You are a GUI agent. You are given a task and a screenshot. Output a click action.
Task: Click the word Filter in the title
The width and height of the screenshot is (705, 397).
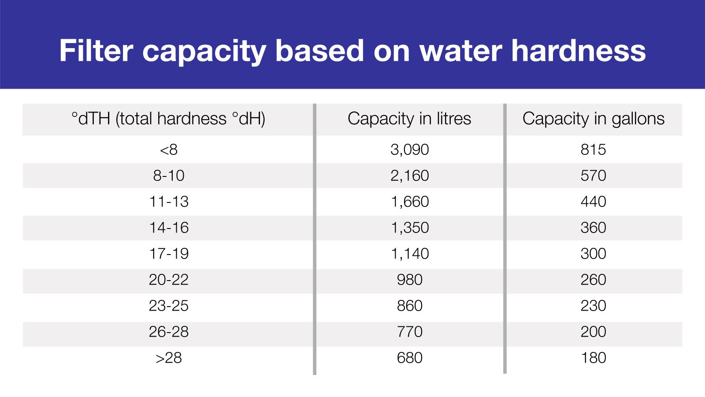tap(96, 50)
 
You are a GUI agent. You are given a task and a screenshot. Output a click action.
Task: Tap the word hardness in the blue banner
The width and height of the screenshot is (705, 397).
tap(578, 50)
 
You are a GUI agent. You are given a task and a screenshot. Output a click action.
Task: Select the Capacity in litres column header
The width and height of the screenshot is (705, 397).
tap(409, 119)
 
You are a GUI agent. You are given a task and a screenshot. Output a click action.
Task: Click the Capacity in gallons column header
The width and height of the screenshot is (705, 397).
tap(593, 119)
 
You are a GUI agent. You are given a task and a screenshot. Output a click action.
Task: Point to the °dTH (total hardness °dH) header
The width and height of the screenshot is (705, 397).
tap(168, 119)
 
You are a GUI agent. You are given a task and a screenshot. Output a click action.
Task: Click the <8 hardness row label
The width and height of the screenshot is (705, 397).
tap(168, 150)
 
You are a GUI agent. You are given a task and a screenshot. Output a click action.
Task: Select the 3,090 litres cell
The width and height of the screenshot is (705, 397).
tap(409, 150)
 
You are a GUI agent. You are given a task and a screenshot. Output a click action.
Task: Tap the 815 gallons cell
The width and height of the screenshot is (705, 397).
tap(593, 150)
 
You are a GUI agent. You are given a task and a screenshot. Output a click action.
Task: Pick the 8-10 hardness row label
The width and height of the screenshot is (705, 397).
tap(168, 176)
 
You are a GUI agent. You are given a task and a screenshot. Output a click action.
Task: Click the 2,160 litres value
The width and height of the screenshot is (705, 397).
tap(409, 176)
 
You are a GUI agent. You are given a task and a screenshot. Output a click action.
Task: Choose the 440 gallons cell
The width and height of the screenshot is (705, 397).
tap(593, 202)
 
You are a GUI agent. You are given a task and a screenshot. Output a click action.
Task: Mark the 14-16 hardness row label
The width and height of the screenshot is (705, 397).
tap(168, 228)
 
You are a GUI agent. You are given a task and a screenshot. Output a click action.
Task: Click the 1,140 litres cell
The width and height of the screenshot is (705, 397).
tap(409, 254)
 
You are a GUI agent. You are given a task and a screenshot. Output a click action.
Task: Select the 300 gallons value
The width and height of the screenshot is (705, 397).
tap(593, 254)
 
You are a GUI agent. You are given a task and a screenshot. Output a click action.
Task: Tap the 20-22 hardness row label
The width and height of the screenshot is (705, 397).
tap(168, 280)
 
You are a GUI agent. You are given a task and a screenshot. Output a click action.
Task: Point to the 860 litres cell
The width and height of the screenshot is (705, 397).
tap(409, 306)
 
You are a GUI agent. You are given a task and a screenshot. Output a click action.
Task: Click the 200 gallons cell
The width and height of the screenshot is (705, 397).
tap(593, 332)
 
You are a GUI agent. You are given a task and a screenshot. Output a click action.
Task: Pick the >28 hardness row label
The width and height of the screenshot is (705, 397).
tap(168, 358)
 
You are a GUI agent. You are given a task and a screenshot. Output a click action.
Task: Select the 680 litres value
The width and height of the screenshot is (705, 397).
tap(409, 358)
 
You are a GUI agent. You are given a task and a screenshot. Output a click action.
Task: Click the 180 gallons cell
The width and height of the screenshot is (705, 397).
tap(593, 358)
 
